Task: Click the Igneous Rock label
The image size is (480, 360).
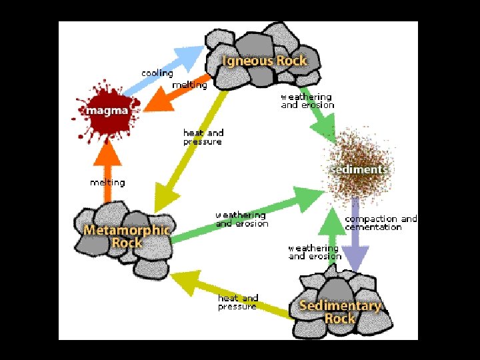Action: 265,61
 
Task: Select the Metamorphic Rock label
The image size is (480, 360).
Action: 127,236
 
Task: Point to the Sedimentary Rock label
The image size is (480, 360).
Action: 340,312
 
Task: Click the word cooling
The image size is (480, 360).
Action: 157,73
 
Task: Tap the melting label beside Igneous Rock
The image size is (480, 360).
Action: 189,85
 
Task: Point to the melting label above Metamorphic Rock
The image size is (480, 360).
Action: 107,182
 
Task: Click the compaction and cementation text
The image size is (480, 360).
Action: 381,223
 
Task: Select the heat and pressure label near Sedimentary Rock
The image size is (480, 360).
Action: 238,302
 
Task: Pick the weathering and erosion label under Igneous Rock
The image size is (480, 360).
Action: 307,101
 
